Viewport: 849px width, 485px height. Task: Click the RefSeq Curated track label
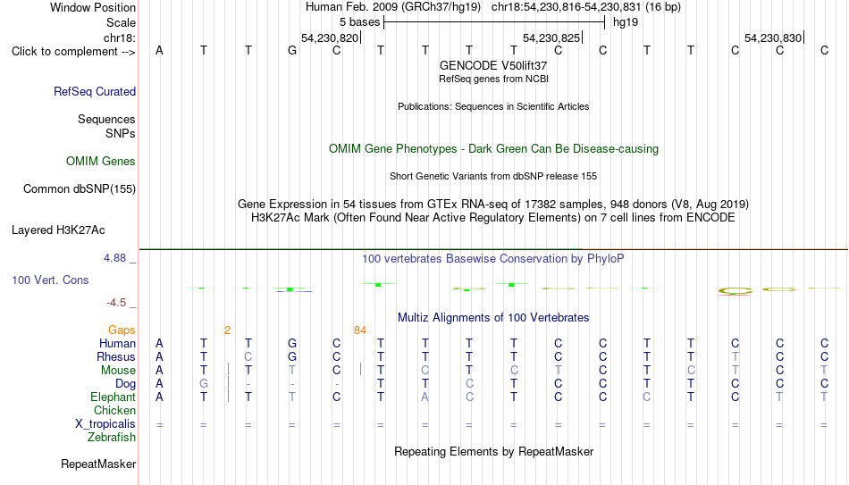point(95,91)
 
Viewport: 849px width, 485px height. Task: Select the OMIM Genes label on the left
point(101,162)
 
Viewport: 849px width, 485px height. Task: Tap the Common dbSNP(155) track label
point(80,189)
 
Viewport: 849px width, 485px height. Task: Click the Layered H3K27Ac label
point(58,230)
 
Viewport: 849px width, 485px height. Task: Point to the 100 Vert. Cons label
point(50,280)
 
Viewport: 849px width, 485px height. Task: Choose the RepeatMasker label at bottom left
point(98,464)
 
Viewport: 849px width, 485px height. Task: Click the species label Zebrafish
point(112,437)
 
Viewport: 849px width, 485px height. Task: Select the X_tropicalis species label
point(105,424)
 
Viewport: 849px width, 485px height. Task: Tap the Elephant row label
point(113,397)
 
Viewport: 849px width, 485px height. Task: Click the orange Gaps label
point(122,330)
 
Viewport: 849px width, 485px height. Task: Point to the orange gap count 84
point(360,330)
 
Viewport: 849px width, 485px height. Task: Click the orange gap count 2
point(227,330)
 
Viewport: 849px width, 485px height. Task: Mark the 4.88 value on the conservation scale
point(114,258)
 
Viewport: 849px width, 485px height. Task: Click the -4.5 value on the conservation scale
point(116,303)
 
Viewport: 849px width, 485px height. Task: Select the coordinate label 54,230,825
point(551,38)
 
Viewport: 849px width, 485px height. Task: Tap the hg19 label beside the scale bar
point(626,22)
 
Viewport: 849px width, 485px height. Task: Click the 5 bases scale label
point(360,22)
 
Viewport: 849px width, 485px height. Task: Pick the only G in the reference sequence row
point(292,51)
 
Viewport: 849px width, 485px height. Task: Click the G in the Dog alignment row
point(204,384)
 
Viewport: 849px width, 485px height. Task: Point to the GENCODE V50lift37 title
point(493,65)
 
